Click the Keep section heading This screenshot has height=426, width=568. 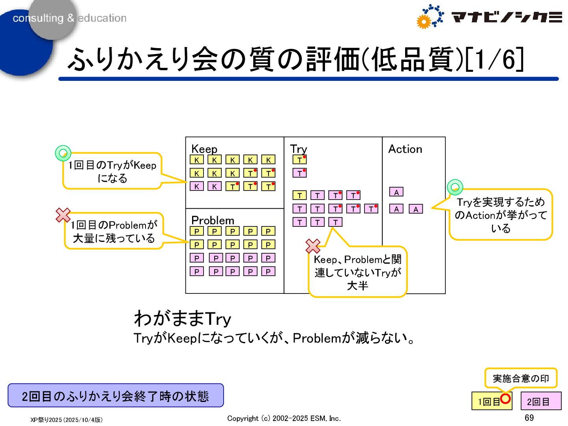(x=204, y=149)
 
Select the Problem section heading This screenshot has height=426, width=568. (x=213, y=220)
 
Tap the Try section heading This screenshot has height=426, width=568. (x=298, y=149)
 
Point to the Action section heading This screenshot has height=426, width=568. (x=405, y=149)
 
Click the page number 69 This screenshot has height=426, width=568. (x=529, y=418)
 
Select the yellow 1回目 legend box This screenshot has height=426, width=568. (x=488, y=402)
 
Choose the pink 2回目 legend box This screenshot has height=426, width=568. (x=540, y=402)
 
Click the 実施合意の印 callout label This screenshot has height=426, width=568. (x=521, y=378)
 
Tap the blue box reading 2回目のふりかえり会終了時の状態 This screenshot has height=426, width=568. (x=116, y=396)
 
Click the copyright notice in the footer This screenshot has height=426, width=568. (x=284, y=419)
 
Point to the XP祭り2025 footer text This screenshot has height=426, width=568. (x=66, y=420)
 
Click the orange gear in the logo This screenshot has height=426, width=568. (x=423, y=22)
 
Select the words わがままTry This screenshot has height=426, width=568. (x=182, y=319)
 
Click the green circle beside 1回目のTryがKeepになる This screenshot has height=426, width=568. (x=63, y=153)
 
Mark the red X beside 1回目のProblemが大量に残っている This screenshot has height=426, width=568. (x=63, y=215)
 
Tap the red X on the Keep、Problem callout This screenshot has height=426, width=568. (x=313, y=246)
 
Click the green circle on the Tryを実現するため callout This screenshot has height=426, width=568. (x=455, y=187)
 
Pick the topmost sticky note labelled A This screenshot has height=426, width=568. (x=396, y=192)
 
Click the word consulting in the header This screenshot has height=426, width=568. (x=38, y=18)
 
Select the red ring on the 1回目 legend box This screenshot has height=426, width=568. (x=505, y=398)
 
